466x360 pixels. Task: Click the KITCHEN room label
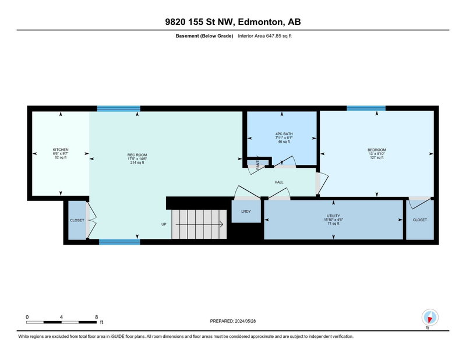[61, 150]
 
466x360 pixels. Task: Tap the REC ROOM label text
[137, 155]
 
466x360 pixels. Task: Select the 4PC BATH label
[284, 134]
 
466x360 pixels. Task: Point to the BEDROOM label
[376, 150]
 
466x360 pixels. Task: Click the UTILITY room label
[333, 216]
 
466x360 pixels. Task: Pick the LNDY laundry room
[246, 211]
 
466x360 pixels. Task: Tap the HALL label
[279, 182]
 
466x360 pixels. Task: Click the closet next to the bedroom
[419, 220]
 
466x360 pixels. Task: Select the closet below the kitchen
[77, 220]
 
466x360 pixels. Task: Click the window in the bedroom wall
[366, 108]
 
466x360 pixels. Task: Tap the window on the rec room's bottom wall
[119, 242]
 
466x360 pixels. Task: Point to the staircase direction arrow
[199, 224]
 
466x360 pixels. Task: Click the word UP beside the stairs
[164, 224]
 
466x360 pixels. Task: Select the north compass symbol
[430, 317]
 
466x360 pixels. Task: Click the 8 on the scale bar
[96, 317]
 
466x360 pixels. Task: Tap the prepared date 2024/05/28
[245, 321]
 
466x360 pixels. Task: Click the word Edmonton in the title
[260, 22]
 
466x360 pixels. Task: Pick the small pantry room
[257, 163]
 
